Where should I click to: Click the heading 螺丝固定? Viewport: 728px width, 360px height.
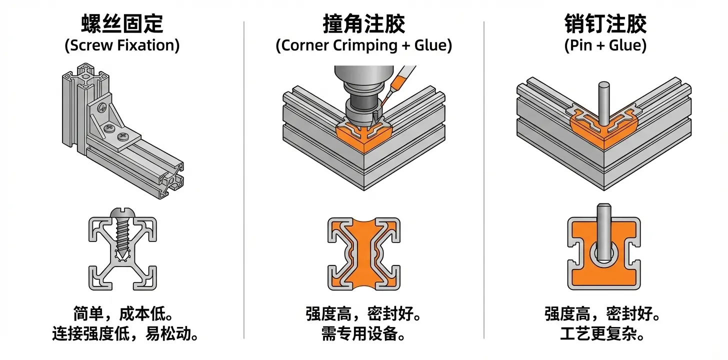(122, 23)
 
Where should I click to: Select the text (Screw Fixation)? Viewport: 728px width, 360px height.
(122, 45)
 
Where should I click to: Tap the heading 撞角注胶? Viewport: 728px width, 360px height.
(363, 23)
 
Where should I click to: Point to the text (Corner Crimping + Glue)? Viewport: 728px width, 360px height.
(363, 45)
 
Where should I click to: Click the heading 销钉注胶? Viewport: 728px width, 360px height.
(605, 23)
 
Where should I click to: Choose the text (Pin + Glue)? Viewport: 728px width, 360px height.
(605, 45)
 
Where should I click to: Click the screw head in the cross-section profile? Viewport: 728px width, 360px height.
(122, 213)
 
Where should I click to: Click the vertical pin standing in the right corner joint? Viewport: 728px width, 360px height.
(604, 103)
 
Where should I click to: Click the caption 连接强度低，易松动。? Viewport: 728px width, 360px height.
(125, 333)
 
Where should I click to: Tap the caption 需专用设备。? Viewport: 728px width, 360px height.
(363, 333)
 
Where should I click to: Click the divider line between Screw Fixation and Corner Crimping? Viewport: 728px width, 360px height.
(244, 180)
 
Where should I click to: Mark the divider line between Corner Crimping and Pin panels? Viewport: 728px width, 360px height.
(484, 180)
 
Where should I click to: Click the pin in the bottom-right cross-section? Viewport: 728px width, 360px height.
(604, 232)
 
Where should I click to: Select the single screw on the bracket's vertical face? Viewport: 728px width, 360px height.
(102, 107)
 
